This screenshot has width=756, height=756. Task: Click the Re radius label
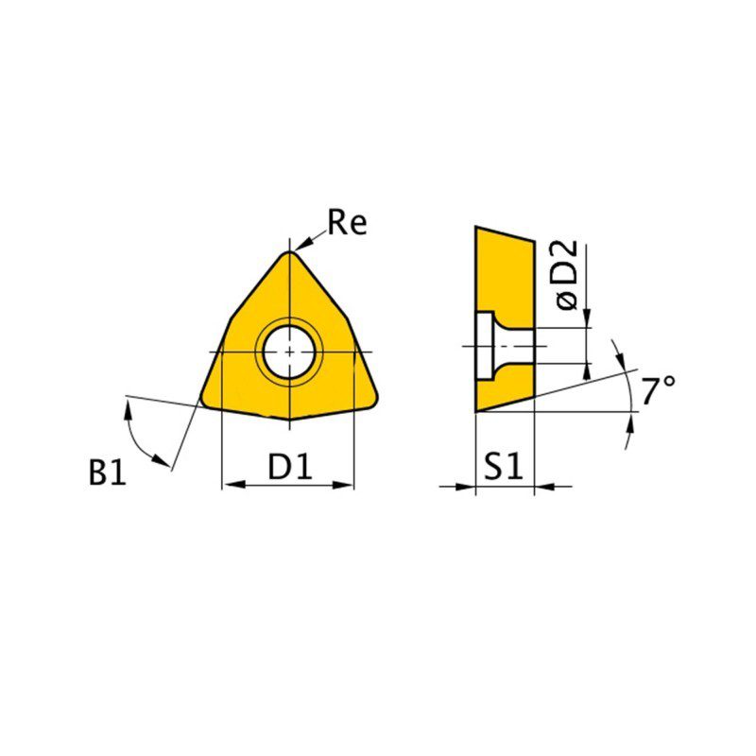(347, 223)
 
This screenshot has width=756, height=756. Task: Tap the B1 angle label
(107, 472)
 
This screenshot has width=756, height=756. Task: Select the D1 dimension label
(290, 466)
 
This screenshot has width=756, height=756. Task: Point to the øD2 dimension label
(566, 274)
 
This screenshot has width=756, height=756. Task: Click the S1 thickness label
(504, 466)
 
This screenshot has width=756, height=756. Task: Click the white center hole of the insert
(289, 352)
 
